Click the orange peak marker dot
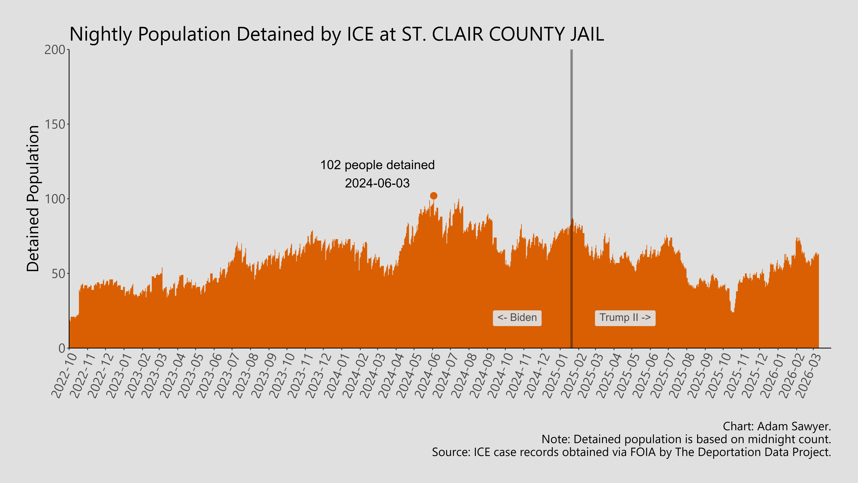coord(433,196)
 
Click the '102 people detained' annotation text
coord(377,165)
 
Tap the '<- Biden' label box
coord(517,318)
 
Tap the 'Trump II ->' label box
coord(625,318)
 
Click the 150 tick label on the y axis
coord(55,124)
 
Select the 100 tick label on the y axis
coord(55,199)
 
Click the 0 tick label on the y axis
coord(62,348)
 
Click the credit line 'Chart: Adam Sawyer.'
coord(777,426)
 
